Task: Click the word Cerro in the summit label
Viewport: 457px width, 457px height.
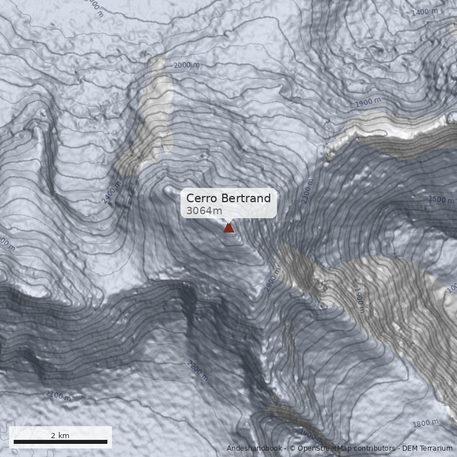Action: [x=201, y=199]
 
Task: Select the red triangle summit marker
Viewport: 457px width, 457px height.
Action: [x=228, y=228]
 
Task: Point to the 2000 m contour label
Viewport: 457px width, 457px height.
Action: [x=186, y=65]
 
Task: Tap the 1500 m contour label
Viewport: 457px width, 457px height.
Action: [x=440, y=199]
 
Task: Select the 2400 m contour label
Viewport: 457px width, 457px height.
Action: [x=111, y=192]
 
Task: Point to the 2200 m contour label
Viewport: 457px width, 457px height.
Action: [x=198, y=371]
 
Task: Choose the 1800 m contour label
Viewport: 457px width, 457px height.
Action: [x=425, y=423]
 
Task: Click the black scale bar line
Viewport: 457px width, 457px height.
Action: [x=61, y=442]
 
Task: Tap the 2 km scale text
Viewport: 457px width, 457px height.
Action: [x=60, y=435]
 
